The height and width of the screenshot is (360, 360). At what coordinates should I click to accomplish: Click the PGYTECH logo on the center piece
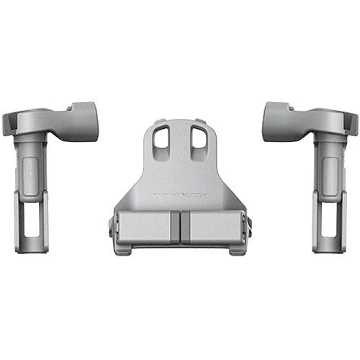pos(179,194)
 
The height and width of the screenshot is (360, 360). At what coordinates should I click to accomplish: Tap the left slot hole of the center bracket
pos(162,138)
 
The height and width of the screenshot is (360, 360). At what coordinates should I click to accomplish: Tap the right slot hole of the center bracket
pos(197,138)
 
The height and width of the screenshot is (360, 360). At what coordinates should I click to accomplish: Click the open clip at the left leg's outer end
pos(10,124)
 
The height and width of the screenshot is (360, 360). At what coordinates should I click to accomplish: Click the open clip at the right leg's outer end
pos(350,124)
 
